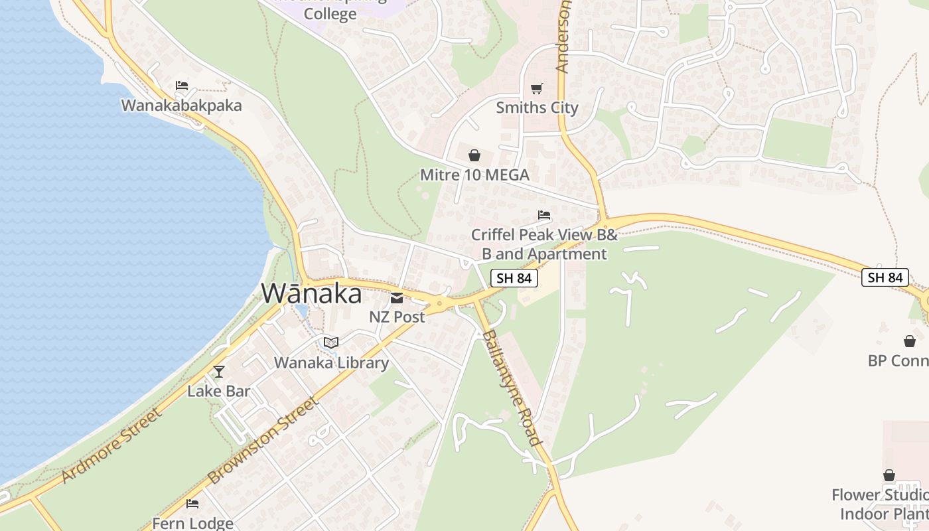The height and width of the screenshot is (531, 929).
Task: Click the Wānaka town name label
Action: [x=312, y=293]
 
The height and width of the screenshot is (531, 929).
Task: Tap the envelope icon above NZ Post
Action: [x=397, y=298]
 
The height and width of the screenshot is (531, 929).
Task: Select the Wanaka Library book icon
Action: [x=331, y=342]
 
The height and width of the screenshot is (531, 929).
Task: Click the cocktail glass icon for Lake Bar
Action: [x=219, y=372]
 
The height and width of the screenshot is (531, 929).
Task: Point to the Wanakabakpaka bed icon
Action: [x=182, y=86]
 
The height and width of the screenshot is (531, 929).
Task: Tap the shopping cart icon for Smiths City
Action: [x=537, y=88]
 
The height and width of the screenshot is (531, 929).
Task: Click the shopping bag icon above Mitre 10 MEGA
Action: [x=474, y=156]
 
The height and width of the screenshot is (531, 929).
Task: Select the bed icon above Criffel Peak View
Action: [x=544, y=215]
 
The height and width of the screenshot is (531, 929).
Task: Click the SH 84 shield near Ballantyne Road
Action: [x=514, y=278]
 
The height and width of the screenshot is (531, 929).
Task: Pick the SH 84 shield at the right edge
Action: [x=885, y=277]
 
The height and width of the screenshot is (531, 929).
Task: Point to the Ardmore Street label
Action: [x=112, y=446]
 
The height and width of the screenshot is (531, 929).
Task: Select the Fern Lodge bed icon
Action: [x=192, y=504]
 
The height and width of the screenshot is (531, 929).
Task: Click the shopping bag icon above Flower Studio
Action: [x=889, y=476]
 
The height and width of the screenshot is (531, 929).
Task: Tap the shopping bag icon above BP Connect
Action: [x=910, y=341]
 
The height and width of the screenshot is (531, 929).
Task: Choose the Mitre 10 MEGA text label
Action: [x=474, y=175]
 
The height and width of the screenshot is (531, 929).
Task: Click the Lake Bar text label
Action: [x=219, y=391]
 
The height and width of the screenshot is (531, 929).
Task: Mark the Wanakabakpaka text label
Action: [x=181, y=105]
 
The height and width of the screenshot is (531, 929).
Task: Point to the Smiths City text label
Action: [x=537, y=108]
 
